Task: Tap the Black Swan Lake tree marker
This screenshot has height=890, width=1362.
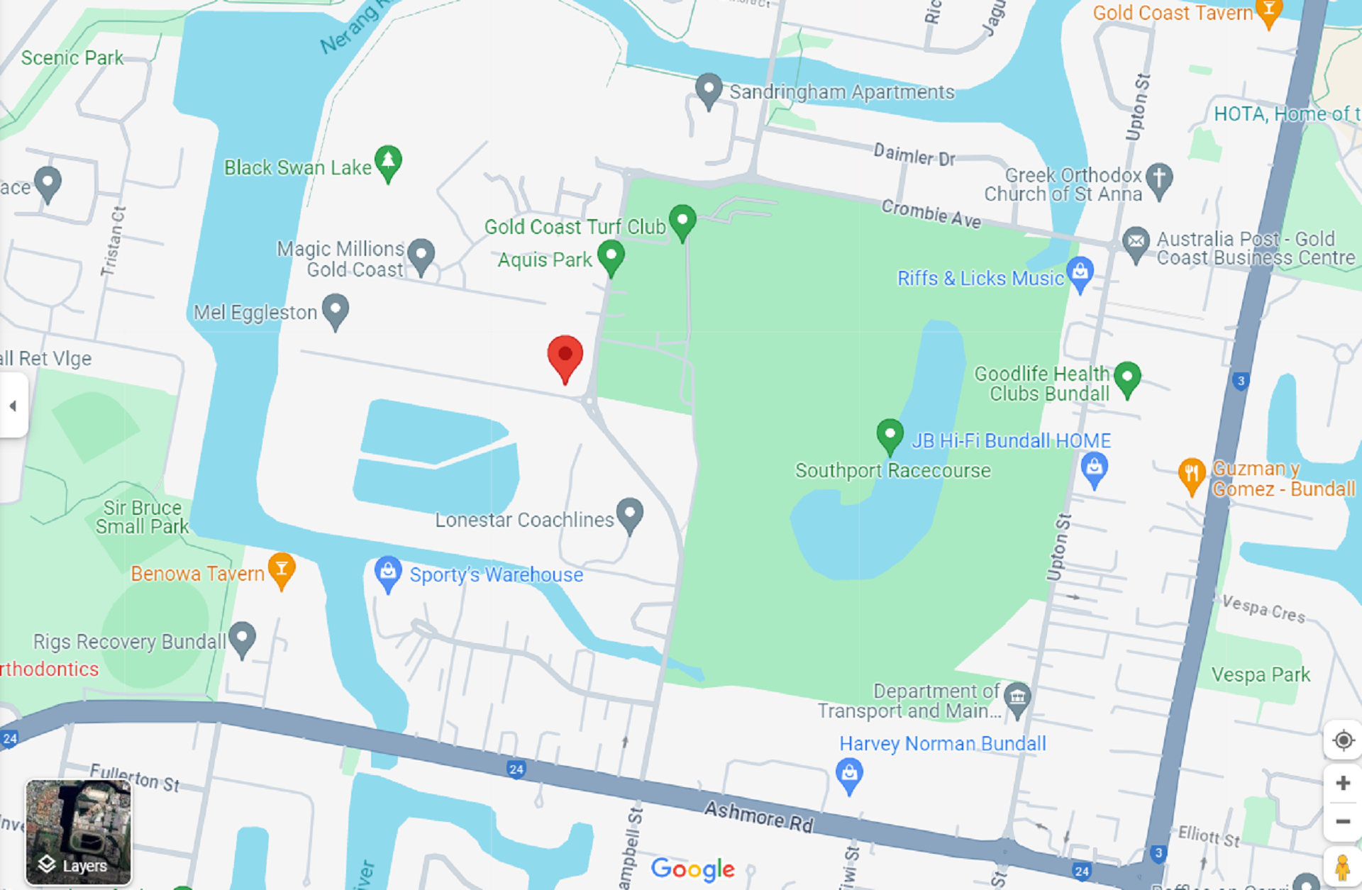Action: click(388, 162)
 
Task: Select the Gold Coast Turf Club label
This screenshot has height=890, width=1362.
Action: click(575, 227)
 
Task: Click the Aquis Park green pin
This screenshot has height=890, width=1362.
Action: click(611, 257)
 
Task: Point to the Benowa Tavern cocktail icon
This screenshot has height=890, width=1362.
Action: click(282, 569)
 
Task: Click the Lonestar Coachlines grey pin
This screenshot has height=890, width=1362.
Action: click(629, 514)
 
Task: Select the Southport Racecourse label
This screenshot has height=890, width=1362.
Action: click(892, 471)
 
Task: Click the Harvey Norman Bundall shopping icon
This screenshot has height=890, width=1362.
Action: click(848, 774)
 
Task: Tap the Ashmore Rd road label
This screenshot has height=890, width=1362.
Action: click(758, 817)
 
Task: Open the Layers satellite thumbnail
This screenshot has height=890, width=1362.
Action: click(78, 832)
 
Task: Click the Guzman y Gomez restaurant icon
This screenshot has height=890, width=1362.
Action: click(1192, 474)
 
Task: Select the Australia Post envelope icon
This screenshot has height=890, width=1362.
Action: click(1136, 243)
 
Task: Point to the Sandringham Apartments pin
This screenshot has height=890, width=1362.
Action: click(708, 90)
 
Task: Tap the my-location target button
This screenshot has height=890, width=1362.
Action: click(1342, 740)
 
